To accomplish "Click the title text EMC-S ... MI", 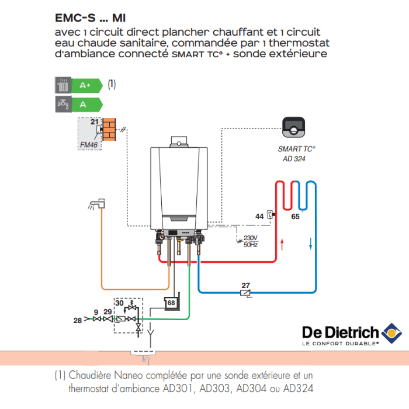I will tap(91, 18).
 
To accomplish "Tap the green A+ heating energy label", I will tap(85, 85).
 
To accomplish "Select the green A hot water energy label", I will tap(84, 105).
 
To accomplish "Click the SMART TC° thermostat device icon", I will tap(294, 127).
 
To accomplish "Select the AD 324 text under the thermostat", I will tap(294, 158).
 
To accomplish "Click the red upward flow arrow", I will tap(283, 243).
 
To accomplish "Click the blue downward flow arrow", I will tap(310, 243).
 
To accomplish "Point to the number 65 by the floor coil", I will tap(295, 217).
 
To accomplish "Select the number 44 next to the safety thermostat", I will tap(259, 216).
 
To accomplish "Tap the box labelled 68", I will tap(171, 303).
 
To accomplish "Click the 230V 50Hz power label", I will tap(250, 241).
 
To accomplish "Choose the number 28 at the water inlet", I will tap(77, 320).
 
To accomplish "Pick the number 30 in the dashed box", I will tap(119, 303).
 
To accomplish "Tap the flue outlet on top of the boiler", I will tap(177, 141).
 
